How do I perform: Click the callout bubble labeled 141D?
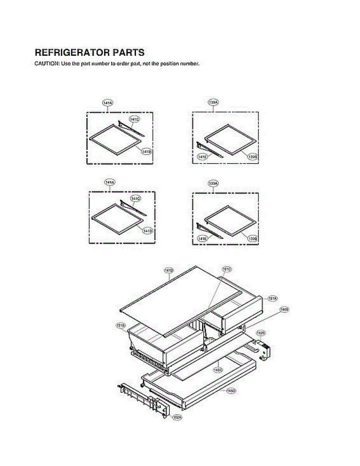click(x=169, y=270)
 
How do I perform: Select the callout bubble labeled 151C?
click(x=227, y=269)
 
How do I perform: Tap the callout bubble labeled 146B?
click(x=285, y=310)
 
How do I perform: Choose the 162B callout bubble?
click(x=261, y=333)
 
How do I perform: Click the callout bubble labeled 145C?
click(x=218, y=370)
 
